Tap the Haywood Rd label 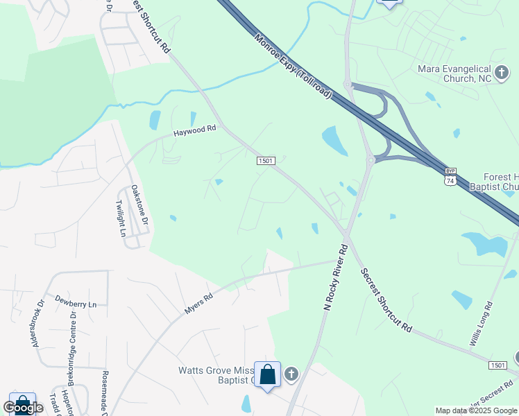pyautogui.click(x=195, y=130)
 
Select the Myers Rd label pyautogui.click(x=198, y=303)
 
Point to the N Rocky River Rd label pyautogui.click(x=335, y=277)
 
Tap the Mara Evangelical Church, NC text pyautogui.click(x=454, y=74)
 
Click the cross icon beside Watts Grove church pyautogui.click(x=291, y=375)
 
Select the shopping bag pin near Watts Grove pyautogui.click(x=268, y=375)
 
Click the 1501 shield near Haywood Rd pyautogui.click(x=266, y=161)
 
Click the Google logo pyautogui.click(x=22, y=408)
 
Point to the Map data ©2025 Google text pyautogui.click(x=477, y=410)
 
